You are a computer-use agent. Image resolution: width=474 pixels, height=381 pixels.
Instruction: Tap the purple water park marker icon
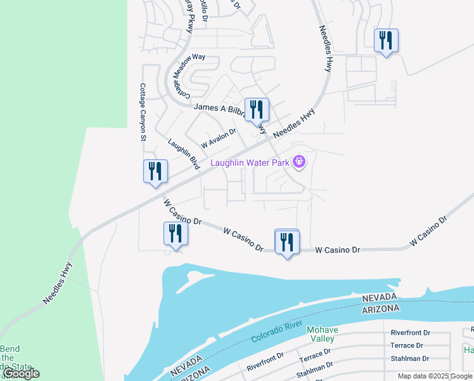click(x=299, y=163)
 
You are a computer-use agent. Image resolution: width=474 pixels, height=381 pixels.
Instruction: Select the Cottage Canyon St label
click(x=143, y=112)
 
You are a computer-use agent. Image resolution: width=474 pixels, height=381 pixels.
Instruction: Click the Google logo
click(x=21, y=373)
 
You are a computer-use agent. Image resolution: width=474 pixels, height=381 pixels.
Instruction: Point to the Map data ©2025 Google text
click(x=435, y=376)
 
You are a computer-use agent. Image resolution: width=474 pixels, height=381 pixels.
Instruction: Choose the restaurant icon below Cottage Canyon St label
click(x=155, y=171)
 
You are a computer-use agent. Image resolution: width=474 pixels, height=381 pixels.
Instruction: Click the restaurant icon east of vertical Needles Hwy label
click(x=385, y=41)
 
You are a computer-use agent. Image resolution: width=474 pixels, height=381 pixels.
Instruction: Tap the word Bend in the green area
click(x=10, y=349)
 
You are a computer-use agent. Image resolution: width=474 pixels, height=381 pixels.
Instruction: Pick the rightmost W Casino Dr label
click(x=428, y=231)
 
